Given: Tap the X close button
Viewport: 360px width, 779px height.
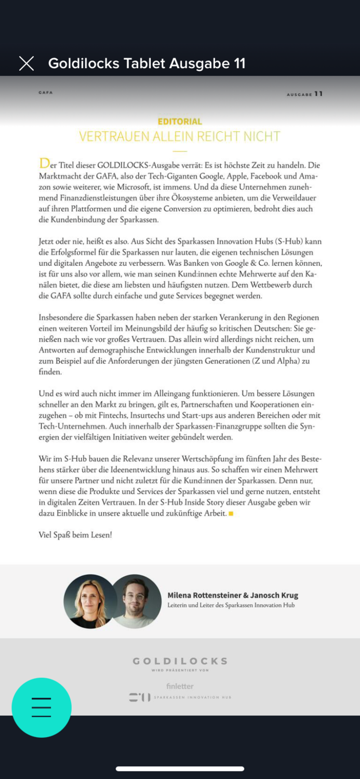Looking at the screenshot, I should [26, 63].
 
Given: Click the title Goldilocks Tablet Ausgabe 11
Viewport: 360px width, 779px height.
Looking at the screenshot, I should [146, 63].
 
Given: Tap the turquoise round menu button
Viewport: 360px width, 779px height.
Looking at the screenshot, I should [42, 707].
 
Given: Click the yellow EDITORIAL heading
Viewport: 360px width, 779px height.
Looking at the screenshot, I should [180, 122].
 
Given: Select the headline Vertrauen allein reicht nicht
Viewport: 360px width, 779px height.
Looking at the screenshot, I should [180, 137].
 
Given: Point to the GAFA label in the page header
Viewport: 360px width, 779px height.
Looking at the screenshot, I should [46, 92].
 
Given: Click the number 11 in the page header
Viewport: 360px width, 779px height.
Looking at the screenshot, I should [318, 94].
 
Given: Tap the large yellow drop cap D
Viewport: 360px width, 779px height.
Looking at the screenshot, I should [44, 164].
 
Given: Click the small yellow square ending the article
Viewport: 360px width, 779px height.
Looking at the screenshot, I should [231, 514].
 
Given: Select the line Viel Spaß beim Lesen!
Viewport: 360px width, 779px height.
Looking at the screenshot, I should [75, 535].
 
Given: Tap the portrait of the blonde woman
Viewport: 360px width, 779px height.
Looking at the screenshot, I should [90, 601].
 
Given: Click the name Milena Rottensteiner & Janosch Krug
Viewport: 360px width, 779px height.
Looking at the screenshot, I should [233, 595].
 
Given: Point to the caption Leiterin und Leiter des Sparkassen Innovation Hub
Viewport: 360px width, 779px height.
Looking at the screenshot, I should [231, 605].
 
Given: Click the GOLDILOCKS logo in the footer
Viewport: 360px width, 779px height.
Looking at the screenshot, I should [180, 661].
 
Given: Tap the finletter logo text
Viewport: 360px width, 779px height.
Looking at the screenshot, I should [180, 686].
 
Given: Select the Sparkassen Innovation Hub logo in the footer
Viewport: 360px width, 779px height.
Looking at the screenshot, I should [180, 697].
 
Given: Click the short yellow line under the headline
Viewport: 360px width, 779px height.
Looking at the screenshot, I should [180, 151].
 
